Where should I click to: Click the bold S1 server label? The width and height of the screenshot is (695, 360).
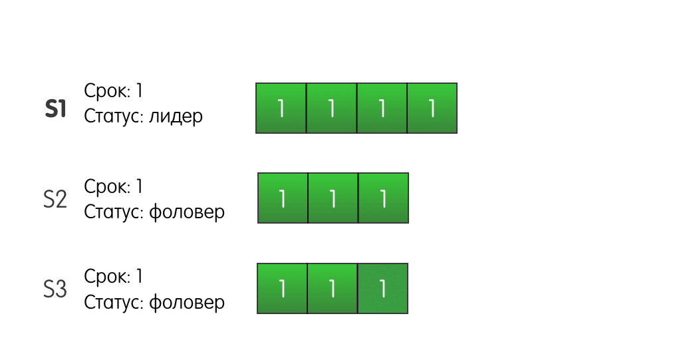pyautogui.click(x=55, y=108)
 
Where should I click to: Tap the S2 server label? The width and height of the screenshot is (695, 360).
pyautogui.click(x=55, y=199)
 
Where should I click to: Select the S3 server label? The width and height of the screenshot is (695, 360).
pyautogui.click(x=55, y=289)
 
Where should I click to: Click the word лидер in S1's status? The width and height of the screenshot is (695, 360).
pyautogui.click(x=176, y=116)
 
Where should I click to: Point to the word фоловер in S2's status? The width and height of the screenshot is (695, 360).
pyautogui.click(x=187, y=212)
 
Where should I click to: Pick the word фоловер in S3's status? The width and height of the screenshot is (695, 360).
pyautogui.click(x=187, y=302)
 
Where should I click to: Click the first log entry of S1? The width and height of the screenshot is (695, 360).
pyautogui.click(x=281, y=108)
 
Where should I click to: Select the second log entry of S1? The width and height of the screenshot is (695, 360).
pyautogui.click(x=332, y=108)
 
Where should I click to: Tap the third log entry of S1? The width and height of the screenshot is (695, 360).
pyautogui.click(x=382, y=108)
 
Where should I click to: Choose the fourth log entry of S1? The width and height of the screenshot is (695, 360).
pyautogui.click(x=432, y=108)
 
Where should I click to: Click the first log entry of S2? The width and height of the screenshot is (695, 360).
pyautogui.click(x=283, y=198)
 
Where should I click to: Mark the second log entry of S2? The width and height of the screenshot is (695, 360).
pyautogui.click(x=333, y=198)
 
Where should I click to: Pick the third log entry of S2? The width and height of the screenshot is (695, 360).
pyautogui.click(x=383, y=198)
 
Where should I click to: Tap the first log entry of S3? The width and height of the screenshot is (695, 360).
pyautogui.click(x=282, y=289)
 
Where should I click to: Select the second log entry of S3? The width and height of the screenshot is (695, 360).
pyautogui.click(x=333, y=289)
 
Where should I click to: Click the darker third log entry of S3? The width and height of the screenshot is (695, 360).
pyautogui.click(x=383, y=289)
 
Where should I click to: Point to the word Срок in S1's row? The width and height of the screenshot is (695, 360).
pyautogui.click(x=107, y=91)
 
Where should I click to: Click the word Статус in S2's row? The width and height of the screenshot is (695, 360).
pyautogui.click(x=114, y=212)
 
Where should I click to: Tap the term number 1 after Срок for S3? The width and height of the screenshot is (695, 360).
pyautogui.click(x=139, y=276)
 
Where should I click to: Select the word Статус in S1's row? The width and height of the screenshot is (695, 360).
pyautogui.click(x=114, y=116)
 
